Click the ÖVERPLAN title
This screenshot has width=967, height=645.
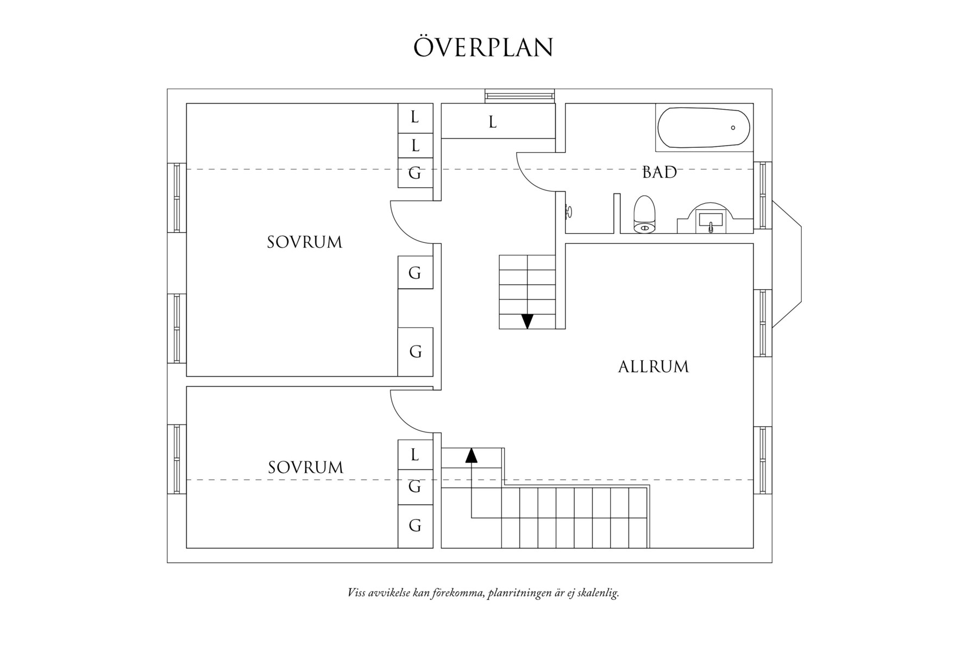point(483,47)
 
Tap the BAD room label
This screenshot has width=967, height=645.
point(659,173)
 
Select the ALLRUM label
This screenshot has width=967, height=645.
point(653,367)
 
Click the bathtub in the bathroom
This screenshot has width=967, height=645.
point(704,128)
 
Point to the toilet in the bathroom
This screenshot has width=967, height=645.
point(645,215)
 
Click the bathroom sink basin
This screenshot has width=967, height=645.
point(711,221)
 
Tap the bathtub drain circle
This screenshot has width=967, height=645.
point(733,128)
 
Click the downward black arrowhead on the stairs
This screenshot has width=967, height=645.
point(527,321)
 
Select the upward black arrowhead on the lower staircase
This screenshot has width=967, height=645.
point(471,455)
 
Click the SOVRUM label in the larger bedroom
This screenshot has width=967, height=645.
point(304,242)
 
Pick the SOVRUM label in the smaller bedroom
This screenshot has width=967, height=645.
point(305,468)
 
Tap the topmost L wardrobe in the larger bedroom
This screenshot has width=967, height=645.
point(415,117)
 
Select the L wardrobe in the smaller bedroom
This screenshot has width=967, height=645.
point(415,455)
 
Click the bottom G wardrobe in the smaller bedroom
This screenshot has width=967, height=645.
point(415,525)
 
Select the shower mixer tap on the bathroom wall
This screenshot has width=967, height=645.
point(568,211)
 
